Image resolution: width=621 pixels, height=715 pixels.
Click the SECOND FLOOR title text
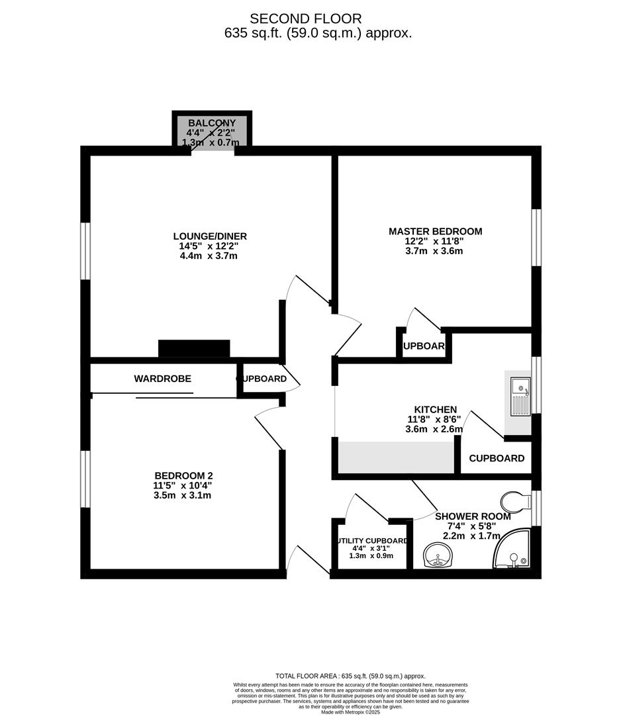click(305, 19)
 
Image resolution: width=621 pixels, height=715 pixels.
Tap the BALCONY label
click(210, 123)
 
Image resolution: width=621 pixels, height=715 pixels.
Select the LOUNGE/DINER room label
click(209, 236)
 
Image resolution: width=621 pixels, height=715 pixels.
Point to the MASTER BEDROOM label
click(435, 231)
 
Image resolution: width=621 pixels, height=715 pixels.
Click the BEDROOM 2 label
click(183, 475)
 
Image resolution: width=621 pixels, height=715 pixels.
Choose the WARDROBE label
click(162, 379)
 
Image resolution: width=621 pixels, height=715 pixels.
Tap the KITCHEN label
click(435, 410)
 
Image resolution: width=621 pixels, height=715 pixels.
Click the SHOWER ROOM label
click(473, 516)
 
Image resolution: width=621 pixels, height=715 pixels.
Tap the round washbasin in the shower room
click(436, 553)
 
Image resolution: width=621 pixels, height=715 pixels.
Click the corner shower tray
click(514, 551)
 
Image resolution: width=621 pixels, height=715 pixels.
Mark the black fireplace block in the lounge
click(194, 348)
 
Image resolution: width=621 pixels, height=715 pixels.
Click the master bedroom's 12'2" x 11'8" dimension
click(435, 242)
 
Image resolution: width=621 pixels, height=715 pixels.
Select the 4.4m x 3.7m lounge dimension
click(209, 256)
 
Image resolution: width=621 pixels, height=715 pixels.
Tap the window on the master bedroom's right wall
click(536, 238)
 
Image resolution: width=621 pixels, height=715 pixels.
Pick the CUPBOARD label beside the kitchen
click(497, 458)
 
